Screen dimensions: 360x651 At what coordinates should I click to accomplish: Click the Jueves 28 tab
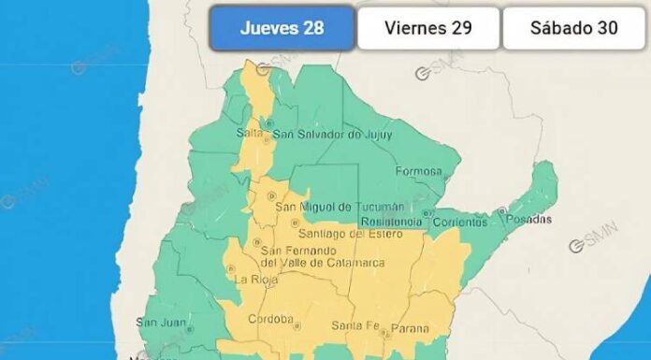tap(282, 27)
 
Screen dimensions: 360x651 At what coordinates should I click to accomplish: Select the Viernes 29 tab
tap(427, 27)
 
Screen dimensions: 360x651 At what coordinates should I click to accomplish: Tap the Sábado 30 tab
tap(573, 27)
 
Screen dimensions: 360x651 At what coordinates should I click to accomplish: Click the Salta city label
tap(249, 134)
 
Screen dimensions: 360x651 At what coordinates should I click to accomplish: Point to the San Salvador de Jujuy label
tap(332, 135)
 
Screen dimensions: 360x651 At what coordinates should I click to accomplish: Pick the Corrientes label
tap(459, 223)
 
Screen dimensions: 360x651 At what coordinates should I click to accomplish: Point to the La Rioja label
tap(253, 279)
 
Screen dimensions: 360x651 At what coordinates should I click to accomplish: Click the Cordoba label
tap(271, 319)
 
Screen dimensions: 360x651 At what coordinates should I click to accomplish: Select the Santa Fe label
tap(353, 326)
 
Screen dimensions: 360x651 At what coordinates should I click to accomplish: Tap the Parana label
tap(410, 328)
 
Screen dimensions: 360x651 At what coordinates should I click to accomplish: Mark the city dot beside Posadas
tap(502, 210)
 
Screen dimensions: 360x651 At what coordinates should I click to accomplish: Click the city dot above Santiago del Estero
tap(295, 223)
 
